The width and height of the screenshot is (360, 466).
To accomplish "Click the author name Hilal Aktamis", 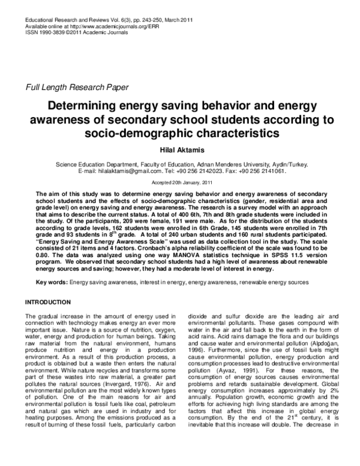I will point(180,152).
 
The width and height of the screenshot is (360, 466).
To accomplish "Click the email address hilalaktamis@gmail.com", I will point(128,171).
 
